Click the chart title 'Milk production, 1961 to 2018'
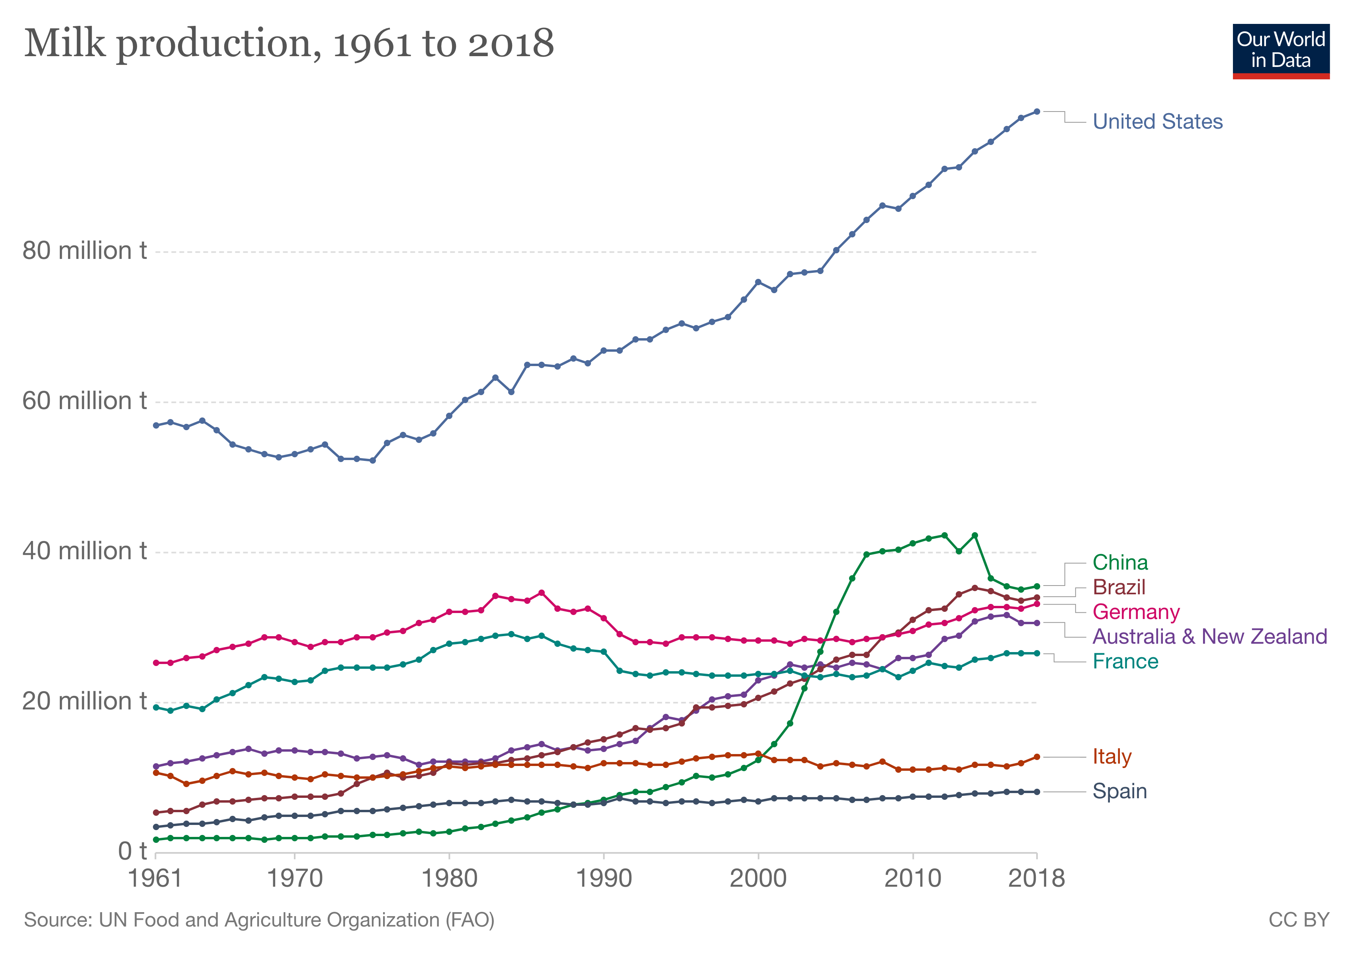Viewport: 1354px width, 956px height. pos(289,44)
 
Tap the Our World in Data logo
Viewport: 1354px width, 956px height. pos(1280,51)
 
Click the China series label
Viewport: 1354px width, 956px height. pos(1120,562)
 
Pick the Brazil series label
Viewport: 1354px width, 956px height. pos(1119,588)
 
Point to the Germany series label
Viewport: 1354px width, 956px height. pos(1136,612)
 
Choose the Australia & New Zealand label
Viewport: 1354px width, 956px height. pos(1209,637)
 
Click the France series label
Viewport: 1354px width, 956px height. pos(1125,662)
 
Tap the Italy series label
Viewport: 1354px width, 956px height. pos(1111,757)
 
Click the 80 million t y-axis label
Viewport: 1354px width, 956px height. pos(84,251)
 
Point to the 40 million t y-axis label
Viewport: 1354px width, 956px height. pos(84,551)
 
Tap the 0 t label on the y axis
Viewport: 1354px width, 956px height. pos(132,852)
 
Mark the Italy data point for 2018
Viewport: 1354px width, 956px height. pos(1037,757)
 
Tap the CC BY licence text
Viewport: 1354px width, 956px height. pos(1299,921)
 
